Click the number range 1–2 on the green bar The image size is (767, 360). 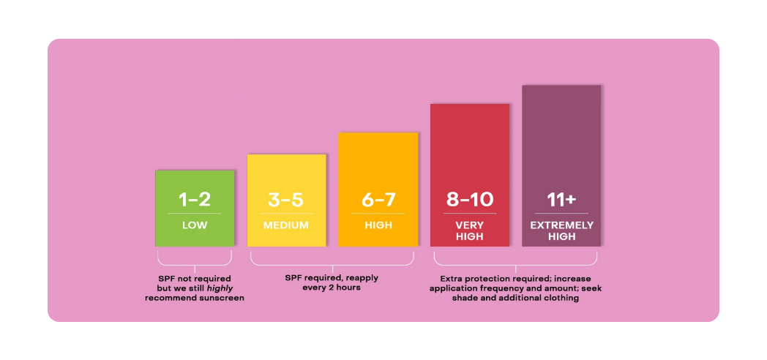pos(195,199)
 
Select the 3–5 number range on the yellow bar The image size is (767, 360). pos(285,199)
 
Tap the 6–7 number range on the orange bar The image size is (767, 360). pos(378,199)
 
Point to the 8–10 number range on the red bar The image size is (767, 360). pos(470,199)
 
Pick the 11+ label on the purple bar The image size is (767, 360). pos(562,199)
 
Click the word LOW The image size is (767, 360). pos(195,225)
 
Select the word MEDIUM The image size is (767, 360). pos(285,225)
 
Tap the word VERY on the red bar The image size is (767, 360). pos(470,225)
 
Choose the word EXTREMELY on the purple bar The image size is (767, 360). pos(562,225)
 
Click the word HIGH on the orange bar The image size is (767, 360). pos(378,225)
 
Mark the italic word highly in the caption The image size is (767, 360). pos(220,288)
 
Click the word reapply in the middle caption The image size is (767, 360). pos(362,278)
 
